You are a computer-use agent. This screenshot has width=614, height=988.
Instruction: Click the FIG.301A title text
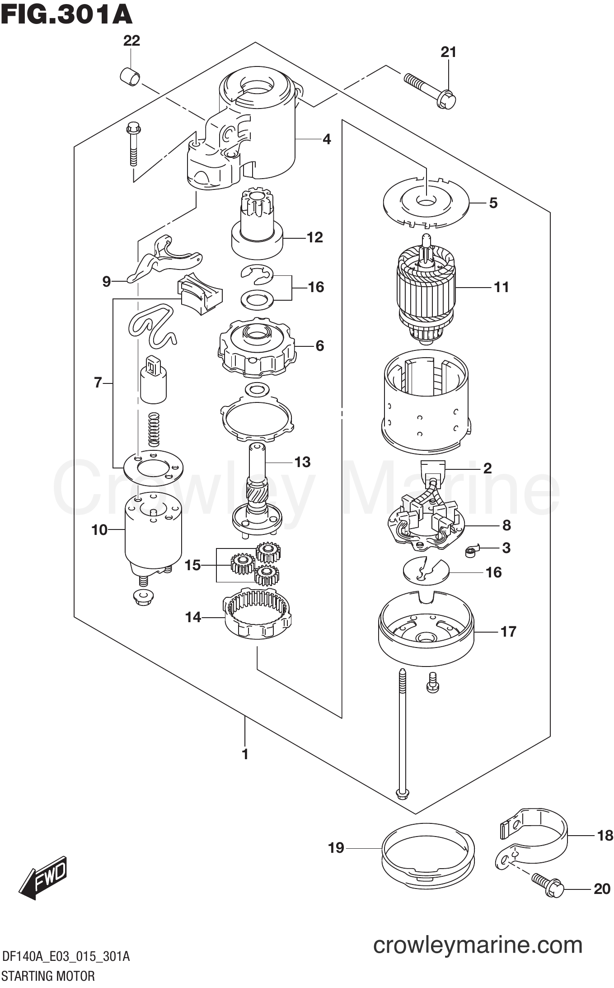[x=66, y=15]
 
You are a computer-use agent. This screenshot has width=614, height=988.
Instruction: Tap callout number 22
[x=131, y=41]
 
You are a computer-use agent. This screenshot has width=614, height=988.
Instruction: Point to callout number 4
[x=327, y=139]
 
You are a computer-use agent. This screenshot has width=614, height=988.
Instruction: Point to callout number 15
[x=192, y=565]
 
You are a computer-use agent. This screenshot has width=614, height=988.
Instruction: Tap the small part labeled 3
[x=471, y=551]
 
